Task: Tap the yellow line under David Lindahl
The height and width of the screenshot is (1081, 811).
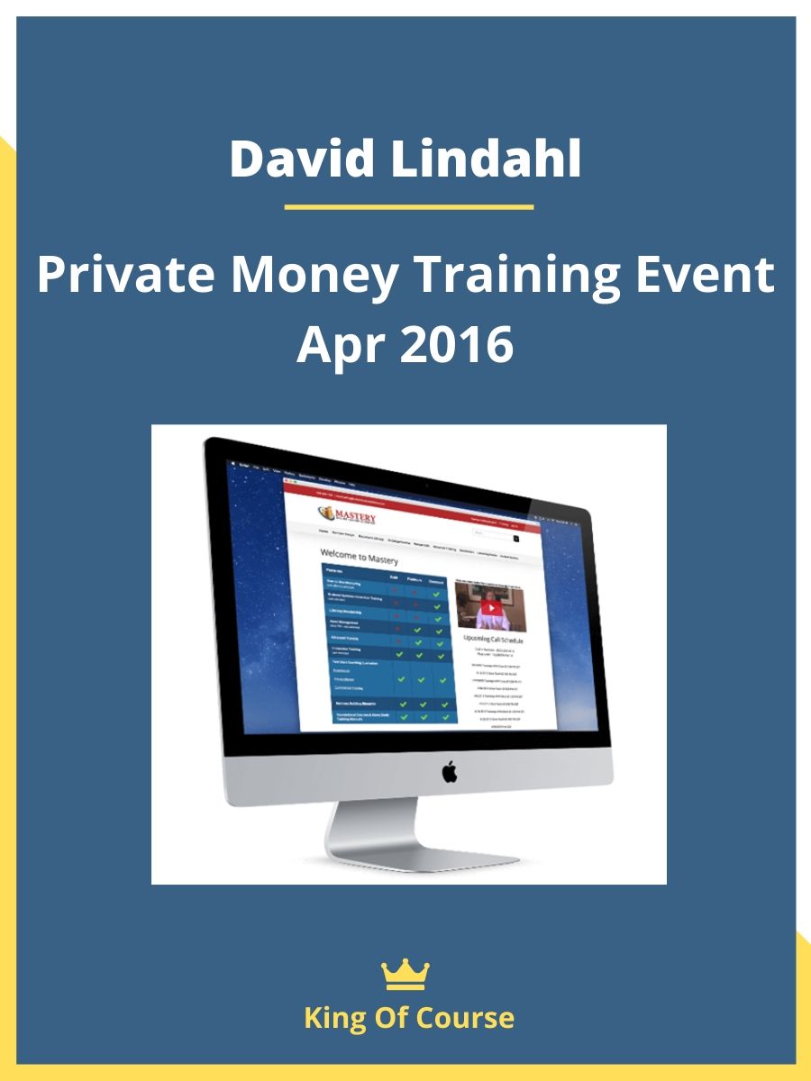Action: click(408, 207)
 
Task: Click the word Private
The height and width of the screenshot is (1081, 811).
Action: click(123, 276)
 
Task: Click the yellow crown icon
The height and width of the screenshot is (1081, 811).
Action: click(405, 976)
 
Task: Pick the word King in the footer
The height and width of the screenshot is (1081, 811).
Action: click(335, 1018)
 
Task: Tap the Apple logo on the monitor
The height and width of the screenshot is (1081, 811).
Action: click(449, 771)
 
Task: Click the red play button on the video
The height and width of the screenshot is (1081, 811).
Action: click(488, 607)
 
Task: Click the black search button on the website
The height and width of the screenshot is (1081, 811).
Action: click(516, 537)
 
